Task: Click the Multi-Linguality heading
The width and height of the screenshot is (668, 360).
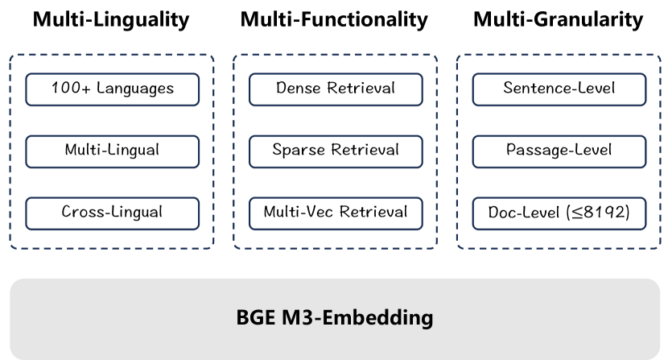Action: click(x=111, y=20)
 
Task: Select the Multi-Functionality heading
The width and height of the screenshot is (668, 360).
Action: click(x=334, y=20)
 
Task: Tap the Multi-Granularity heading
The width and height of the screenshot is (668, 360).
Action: click(x=558, y=20)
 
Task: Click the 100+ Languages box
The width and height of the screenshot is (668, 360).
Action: click(x=112, y=89)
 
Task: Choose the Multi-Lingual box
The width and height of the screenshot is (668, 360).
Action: click(x=112, y=151)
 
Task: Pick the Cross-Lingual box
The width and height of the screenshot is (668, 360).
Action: click(x=112, y=213)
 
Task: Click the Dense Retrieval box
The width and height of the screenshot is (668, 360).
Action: click(x=335, y=89)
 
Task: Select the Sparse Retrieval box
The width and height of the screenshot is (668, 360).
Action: click(x=335, y=151)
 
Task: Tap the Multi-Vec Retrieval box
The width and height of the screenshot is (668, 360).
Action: click(x=335, y=213)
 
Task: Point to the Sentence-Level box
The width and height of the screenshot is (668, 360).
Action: click(x=559, y=89)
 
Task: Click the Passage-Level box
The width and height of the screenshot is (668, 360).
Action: click(x=559, y=151)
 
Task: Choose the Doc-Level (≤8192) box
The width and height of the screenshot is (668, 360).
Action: click(x=559, y=213)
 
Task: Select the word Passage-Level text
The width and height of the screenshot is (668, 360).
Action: click(x=559, y=151)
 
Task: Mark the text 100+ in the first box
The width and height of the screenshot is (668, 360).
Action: click(x=65, y=89)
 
